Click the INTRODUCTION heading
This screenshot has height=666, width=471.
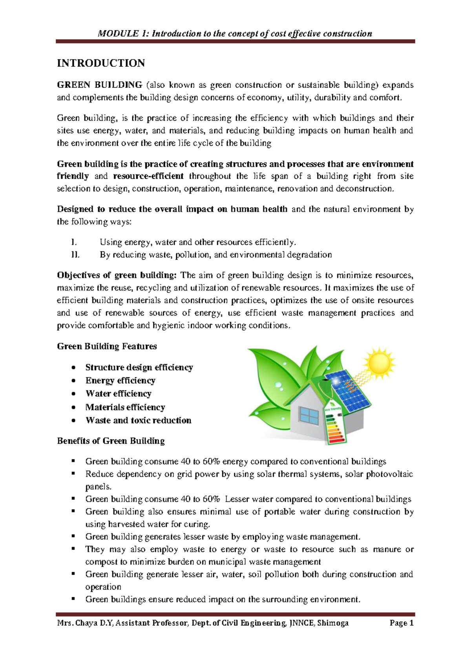101,63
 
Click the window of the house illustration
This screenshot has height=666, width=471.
309,415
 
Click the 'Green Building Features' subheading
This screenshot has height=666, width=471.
107,346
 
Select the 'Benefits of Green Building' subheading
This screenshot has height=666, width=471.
111,441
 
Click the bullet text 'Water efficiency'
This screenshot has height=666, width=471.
118,393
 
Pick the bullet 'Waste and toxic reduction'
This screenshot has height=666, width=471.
138,420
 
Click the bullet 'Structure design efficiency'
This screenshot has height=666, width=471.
139,367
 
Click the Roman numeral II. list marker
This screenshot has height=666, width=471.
75,255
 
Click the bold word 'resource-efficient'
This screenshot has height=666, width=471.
148,176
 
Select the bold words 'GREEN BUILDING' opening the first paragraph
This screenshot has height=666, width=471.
100,85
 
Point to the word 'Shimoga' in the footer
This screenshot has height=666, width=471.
333,623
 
